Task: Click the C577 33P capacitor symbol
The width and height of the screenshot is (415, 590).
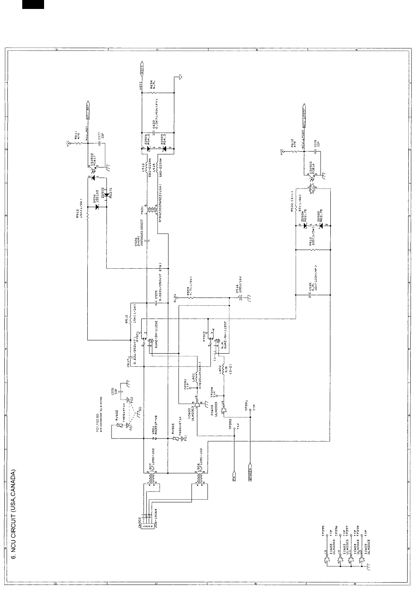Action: coord(100,143)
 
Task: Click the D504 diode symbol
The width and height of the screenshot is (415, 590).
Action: coord(96,207)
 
